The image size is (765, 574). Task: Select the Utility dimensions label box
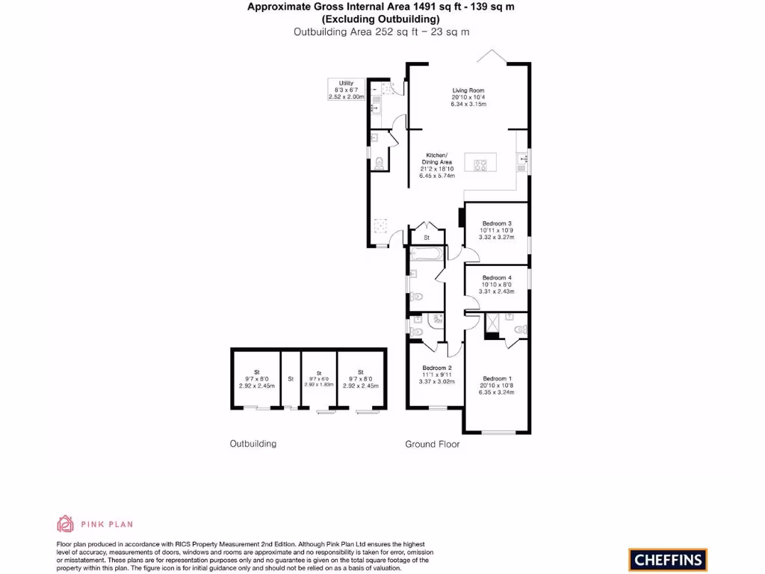point(346,90)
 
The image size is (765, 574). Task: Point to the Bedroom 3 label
point(497,223)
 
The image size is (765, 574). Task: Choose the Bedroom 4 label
point(497,277)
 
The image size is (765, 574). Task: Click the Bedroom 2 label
point(436,368)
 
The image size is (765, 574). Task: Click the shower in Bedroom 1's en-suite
point(494,322)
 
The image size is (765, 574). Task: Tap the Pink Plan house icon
point(66,523)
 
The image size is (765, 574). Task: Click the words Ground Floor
point(432,444)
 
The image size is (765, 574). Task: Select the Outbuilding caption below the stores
point(253,444)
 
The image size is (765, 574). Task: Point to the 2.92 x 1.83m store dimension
point(318,384)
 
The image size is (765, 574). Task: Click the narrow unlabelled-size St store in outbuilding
point(291,379)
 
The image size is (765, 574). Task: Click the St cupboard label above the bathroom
point(427,238)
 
